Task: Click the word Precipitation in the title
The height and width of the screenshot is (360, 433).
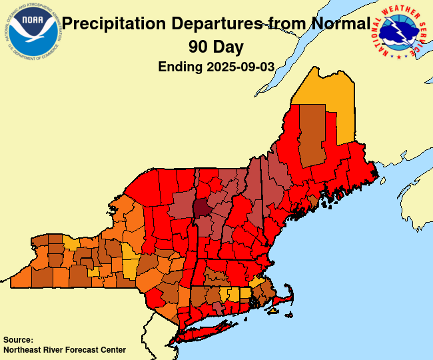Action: [114, 25]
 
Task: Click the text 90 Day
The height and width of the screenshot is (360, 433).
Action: [215, 47]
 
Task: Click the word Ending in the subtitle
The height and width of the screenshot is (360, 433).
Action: [181, 67]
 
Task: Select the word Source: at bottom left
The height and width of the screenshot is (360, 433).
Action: [18, 339]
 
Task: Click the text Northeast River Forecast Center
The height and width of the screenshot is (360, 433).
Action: [65, 349]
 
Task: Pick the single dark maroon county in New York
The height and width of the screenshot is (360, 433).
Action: [202, 207]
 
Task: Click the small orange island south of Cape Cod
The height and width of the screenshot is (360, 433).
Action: [273, 311]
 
